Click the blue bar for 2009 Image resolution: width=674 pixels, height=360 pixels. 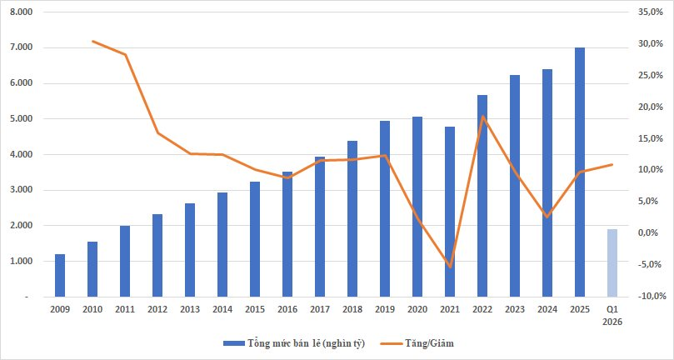tap(60, 275)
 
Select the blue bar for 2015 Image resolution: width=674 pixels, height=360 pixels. tap(255, 239)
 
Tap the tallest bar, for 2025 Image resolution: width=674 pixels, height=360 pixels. tap(579, 172)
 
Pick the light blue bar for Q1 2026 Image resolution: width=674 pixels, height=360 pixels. tap(612, 262)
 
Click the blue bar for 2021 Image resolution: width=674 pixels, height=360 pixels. tap(450, 212)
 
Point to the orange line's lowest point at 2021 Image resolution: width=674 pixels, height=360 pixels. tap(450, 267)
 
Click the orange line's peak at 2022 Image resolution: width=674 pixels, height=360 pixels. tap(482, 116)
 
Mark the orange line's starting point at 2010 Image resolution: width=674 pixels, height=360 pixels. tap(92, 42)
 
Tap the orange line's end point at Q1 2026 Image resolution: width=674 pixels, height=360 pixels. tap(612, 164)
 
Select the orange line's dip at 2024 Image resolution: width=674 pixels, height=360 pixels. tap(547, 217)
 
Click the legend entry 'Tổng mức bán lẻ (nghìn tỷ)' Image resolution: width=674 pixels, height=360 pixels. tap(294, 343)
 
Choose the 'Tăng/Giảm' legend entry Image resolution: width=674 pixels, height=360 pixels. tap(417, 343)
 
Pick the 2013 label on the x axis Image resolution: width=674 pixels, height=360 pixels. tap(190, 309)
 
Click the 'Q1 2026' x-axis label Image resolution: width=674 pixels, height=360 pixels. tap(612, 315)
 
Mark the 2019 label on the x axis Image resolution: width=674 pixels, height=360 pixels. tap(385, 309)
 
